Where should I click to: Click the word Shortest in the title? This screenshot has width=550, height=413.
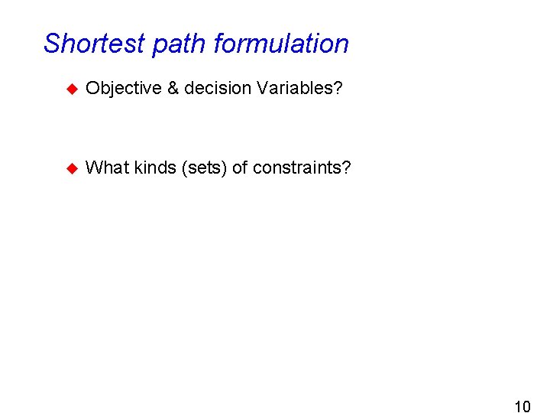95,44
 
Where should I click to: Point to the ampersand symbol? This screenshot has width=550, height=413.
173,89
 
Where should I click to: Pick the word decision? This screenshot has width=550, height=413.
217,89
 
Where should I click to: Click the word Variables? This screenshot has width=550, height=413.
295,89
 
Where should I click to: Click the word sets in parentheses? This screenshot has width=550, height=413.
204,168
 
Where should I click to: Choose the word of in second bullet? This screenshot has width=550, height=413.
240,167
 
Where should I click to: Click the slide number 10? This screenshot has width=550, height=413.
522,405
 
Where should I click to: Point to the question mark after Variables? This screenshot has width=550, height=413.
338,89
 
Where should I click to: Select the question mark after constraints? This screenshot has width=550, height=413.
347,167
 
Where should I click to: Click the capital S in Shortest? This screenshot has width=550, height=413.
52,44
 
